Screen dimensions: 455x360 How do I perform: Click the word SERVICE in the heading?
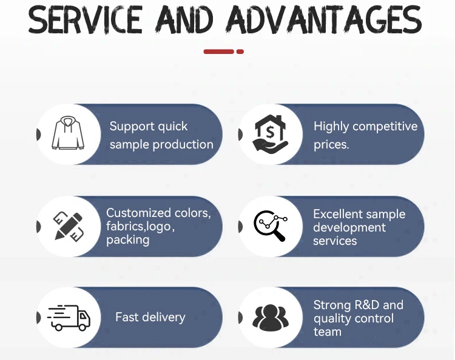pyautogui.click(x=86, y=19)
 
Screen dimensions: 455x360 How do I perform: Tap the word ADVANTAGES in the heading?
pyautogui.click(x=324, y=19)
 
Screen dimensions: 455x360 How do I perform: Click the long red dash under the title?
pyautogui.click(x=218, y=52)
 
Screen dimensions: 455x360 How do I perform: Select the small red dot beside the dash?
pyautogui.click(x=240, y=52)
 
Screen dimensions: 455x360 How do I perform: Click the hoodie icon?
pyautogui.click(x=68, y=133)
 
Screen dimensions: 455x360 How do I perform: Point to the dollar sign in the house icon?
pyautogui.click(x=270, y=133)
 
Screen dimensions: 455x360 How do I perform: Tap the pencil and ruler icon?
pyautogui.click(x=69, y=226)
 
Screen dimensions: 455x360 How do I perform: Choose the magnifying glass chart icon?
pyautogui.click(x=271, y=225)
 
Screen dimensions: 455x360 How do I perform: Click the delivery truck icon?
pyautogui.click(x=69, y=318)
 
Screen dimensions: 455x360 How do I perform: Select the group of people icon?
pyautogui.click(x=271, y=318)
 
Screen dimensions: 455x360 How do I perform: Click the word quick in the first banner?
pyautogui.click(x=173, y=127)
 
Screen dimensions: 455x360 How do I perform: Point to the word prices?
pyautogui.click(x=331, y=144)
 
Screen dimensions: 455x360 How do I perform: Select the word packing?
pyautogui.click(x=127, y=240)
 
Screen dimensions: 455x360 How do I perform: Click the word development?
pyautogui.click(x=349, y=228)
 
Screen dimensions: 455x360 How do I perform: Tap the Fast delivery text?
pyautogui.click(x=150, y=317)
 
